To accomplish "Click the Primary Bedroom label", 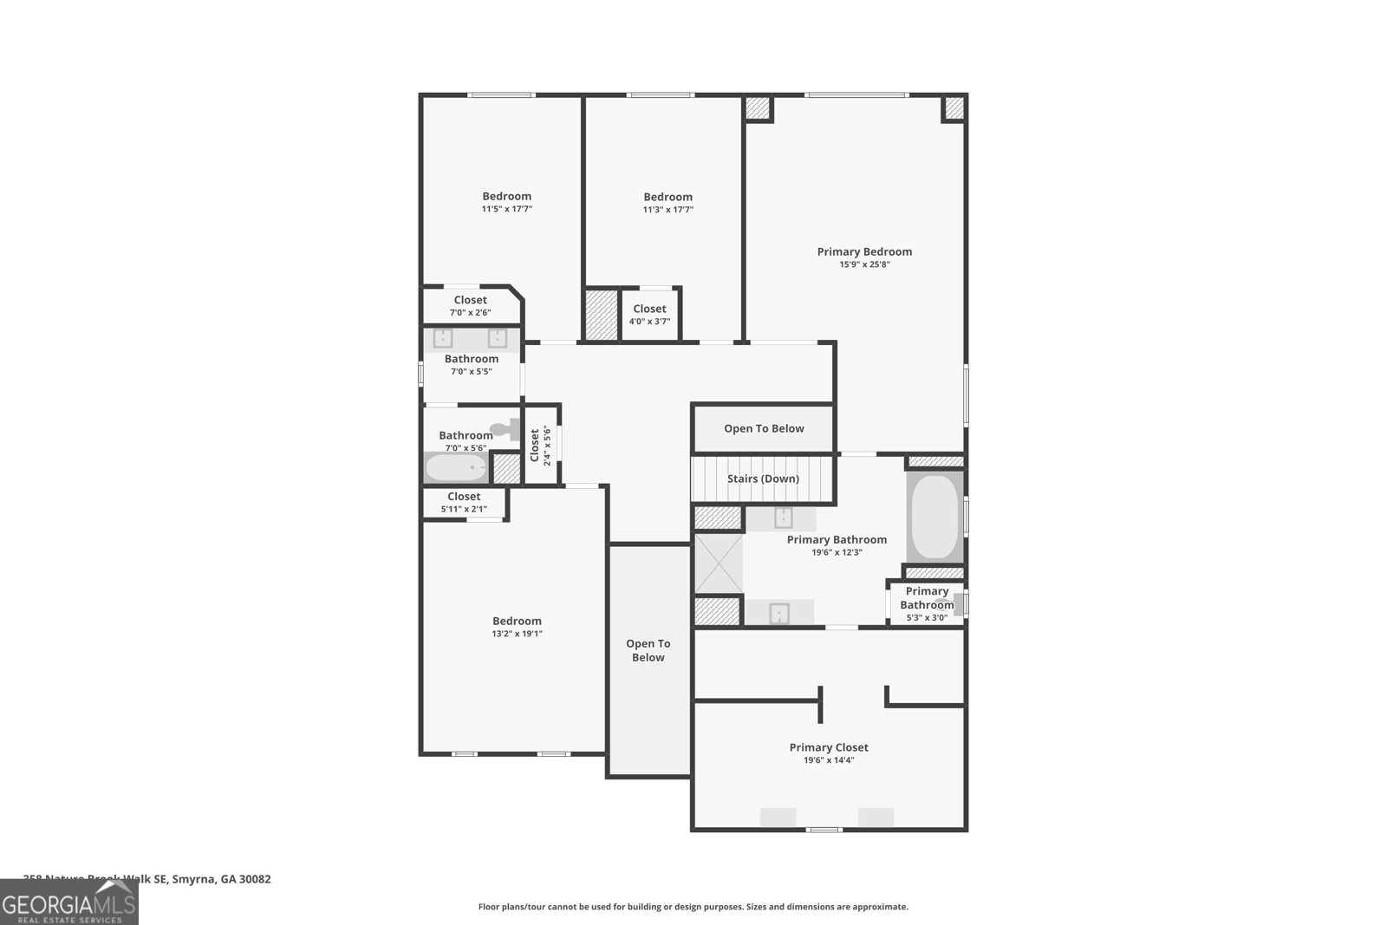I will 864,251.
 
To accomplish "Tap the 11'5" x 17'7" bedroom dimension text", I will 507,209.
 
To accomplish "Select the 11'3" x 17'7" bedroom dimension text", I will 667,210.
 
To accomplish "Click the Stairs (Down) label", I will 763,479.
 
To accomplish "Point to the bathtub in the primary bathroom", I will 934,517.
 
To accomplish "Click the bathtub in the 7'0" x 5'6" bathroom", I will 456,469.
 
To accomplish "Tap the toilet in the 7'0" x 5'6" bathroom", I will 505,428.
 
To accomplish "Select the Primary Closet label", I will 829,747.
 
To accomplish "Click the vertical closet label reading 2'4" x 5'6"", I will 540,446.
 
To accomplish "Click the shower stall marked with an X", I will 719,563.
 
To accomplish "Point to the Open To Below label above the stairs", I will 764,428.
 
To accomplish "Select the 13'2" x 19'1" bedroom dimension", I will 517,634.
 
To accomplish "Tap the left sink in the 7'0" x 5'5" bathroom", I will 443,338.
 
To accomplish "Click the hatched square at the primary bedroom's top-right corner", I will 954,108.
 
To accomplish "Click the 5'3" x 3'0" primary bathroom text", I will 926,617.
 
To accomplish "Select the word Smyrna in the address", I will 192,879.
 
